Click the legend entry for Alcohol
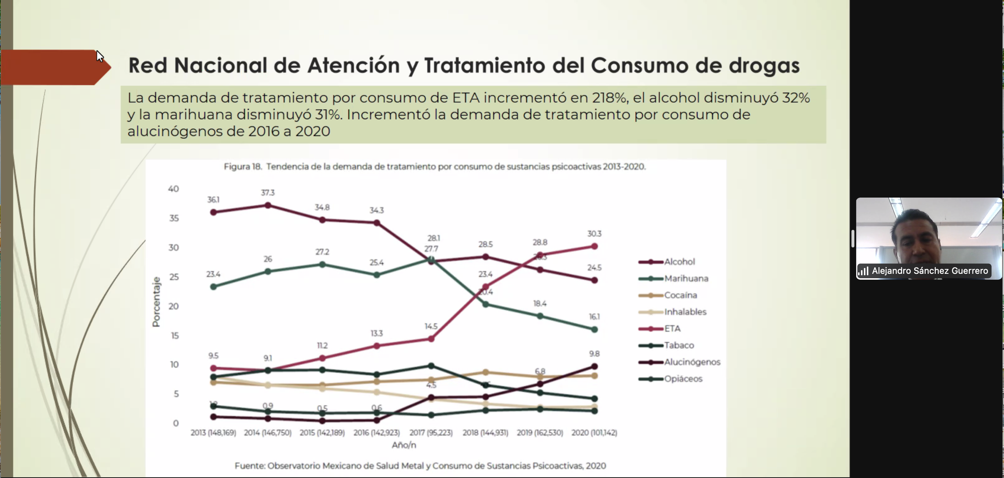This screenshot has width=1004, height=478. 679,262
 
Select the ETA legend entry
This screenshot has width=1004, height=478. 672,328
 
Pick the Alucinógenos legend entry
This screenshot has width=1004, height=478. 692,362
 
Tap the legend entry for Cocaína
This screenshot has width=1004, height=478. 681,295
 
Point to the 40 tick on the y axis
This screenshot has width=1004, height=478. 173,189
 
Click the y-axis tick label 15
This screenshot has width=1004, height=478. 175,335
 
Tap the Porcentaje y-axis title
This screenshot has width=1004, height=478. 156,302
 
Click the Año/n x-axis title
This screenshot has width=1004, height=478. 404,445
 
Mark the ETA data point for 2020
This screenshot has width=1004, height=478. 594,246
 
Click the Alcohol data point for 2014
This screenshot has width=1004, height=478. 268,205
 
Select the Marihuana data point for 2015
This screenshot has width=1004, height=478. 322,265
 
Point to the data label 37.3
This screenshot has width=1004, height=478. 268,192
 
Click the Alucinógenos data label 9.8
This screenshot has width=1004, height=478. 594,354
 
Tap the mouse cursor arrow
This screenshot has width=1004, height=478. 99,56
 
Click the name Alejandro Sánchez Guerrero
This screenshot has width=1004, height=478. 930,271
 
